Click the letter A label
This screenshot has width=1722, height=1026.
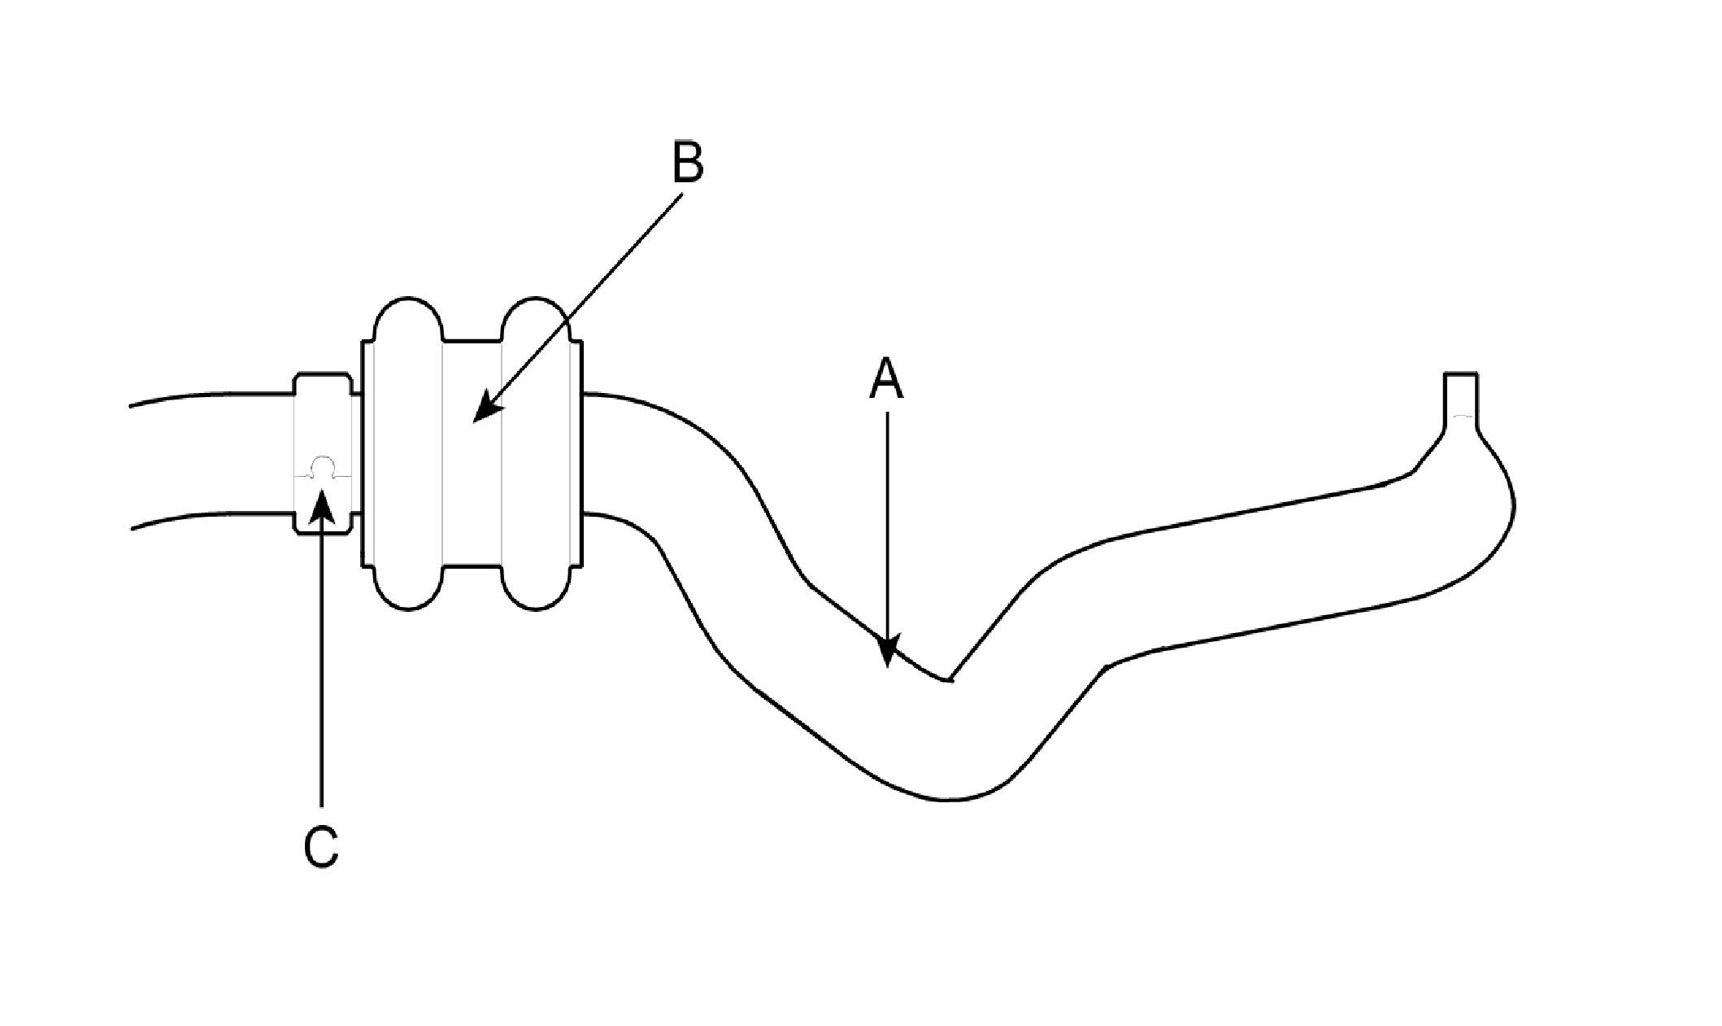point(886,380)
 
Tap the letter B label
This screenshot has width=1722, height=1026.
point(688,163)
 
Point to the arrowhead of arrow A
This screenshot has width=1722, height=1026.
point(888,655)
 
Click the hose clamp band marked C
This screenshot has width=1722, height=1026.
point(323,423)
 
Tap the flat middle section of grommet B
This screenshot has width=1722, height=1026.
point(472,488)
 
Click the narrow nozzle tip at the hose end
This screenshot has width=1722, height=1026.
point(1461,394)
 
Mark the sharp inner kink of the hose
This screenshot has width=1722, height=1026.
point(948,679)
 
